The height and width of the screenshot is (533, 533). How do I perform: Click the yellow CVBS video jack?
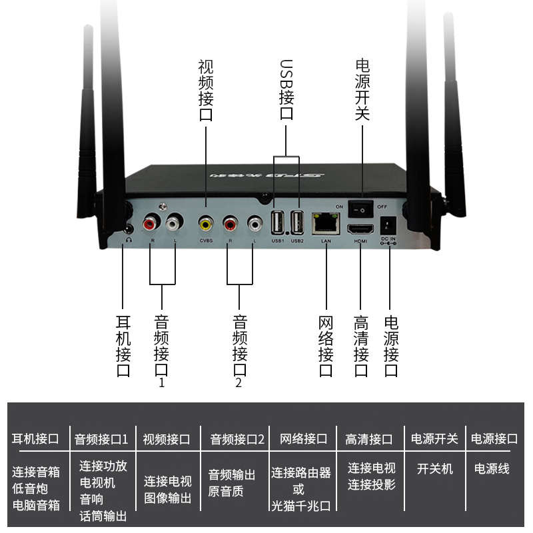pos(206,223)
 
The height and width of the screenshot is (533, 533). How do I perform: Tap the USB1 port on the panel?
pos(278,222)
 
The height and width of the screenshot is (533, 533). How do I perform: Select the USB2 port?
pos(297,222)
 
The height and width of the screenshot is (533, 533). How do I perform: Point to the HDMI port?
pos(360,231)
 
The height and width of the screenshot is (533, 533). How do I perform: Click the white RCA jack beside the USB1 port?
pos(255,223)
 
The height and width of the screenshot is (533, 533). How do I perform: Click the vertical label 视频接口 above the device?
pos(206,90)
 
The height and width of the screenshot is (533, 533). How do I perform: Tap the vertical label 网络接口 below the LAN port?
pos(326,343)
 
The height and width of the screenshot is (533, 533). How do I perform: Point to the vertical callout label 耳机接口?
pos(123,343)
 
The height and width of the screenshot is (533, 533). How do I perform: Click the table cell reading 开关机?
pos(434,469)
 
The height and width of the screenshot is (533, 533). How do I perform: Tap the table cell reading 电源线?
pos(492,469)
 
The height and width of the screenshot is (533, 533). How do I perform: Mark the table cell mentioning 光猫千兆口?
pos(301,489)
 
